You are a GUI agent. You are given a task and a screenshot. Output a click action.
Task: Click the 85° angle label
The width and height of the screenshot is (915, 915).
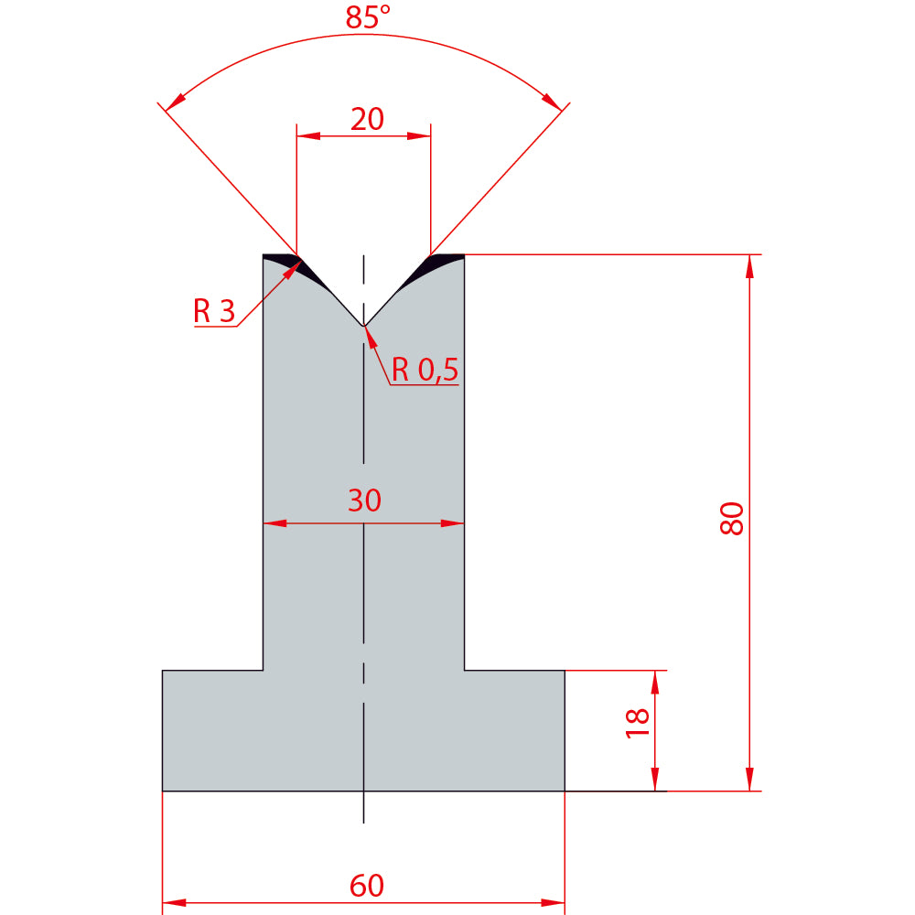pyautogui.click(x=367, y=16)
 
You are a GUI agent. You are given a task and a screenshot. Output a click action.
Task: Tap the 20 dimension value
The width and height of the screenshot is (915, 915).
pyautogui.click(x=367, y=119)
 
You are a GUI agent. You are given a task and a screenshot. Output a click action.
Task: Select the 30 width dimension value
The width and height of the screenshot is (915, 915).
pyautogui.click(x=365, y=501)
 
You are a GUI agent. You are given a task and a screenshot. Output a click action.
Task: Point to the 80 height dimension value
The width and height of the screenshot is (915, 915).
pyautogui.click(x=732, y=518)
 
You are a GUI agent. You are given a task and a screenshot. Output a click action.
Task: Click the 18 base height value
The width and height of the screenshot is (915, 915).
pyautogui.click(x=637, y=724)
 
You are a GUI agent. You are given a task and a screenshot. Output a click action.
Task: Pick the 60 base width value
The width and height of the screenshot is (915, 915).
pyautogui.click(x=367, y=885)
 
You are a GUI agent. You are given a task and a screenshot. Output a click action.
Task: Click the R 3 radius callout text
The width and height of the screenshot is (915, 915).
pyautogui.click(x=214, y=310)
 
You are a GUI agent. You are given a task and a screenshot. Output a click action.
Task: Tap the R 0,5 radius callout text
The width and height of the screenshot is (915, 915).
pyautogui.click(x=425, y=370)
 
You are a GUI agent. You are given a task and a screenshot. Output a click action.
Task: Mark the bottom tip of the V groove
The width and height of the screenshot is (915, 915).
pyautogui.click(x=363, y=326)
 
